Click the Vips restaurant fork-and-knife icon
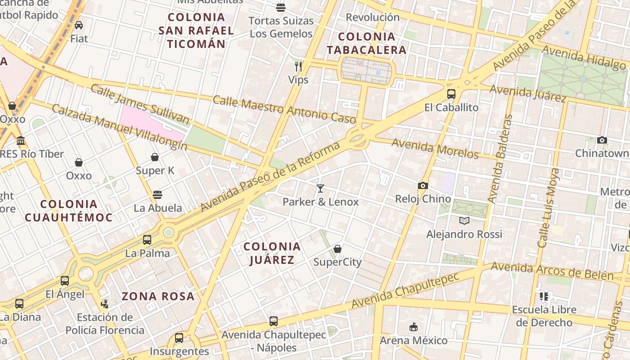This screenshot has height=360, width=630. click(298, 67)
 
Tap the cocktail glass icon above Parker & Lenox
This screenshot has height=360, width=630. click(320, 189)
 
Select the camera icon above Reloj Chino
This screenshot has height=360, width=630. click(423, 185)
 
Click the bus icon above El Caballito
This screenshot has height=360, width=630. click(451, 94)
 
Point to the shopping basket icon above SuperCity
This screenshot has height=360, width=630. click(337, 249)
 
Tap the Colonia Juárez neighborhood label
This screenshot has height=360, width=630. click(272, 253)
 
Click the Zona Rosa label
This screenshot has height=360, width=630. click(158, 296)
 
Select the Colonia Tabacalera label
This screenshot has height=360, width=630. click(366, 43)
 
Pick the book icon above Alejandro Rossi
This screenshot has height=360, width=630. click(464, 220)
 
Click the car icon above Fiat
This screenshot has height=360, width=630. click(79, 25)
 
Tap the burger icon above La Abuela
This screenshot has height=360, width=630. click(157, 195)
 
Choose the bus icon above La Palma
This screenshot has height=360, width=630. click(147, 239)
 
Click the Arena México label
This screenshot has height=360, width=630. click(414, 340)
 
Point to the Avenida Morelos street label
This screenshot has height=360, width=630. click(435, 149)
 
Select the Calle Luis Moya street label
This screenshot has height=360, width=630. click(549, 207)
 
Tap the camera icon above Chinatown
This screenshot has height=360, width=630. click(602, 140)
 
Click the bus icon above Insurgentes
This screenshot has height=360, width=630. click(179, 337)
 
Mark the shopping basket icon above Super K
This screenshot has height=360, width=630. click(155, 157)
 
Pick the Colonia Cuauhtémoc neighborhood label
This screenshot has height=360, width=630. click(68, 211)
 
